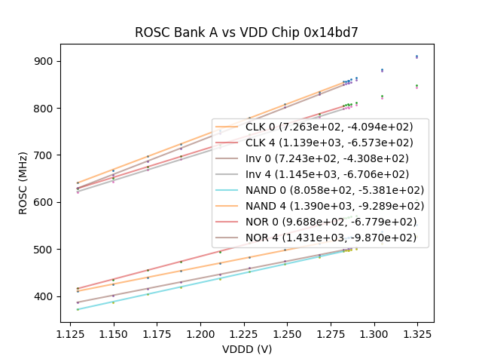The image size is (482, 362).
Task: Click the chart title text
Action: coord(246,32)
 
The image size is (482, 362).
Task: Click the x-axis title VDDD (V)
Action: coord(246,349)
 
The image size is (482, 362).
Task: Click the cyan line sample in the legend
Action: coord(228,190)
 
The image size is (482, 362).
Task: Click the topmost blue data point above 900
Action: coord(416,56)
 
